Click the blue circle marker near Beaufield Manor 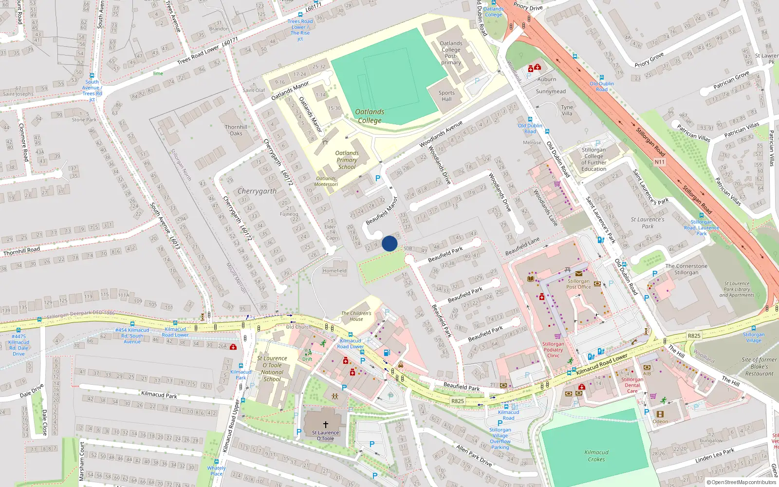(x=389, y=243)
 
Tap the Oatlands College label (x=370, y=116)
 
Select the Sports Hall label (x=446, y=96)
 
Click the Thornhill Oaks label (x=236, y=130)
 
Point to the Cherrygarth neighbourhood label (x=257, y=191)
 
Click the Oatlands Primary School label (x=347, y=160)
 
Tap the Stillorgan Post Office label (x=578, y=284)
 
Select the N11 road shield (x=659, y=162)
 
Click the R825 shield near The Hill (x=694, y=336)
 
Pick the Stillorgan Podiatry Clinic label (x=553, y=350)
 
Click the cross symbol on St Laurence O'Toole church (x=326, y=425)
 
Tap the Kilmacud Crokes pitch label (x=596, y=455)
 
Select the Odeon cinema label (x=660, y=422)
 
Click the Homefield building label (x=334, y=271)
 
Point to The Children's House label (x=356, y=316)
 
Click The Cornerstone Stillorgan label (x=686, y=269)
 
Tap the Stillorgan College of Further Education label (x=594, y=160)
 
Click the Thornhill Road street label (x=21, y=251)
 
